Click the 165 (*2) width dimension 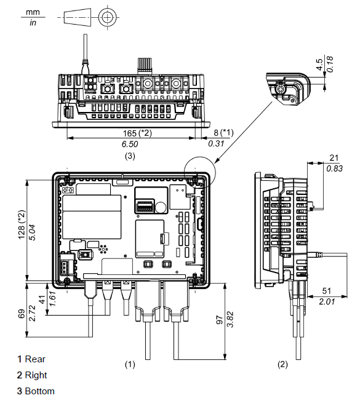tap(137, 133)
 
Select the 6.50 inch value tap(130, 144)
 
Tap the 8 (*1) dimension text tap(223, 133)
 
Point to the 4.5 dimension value tap(320, 65)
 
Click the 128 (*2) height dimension tap(22, 225)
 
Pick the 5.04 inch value tap(32, 233)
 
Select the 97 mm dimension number tap(219, 320)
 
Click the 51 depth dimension tap(327, 291)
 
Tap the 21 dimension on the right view tap(334, 157)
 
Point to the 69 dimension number tap(22, 313)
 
